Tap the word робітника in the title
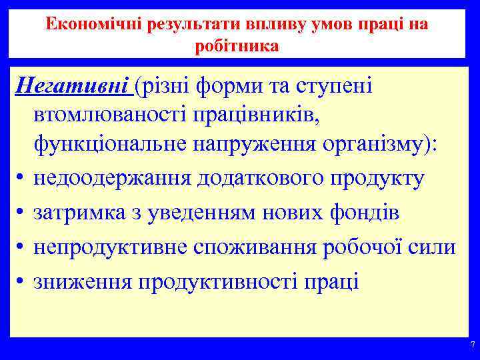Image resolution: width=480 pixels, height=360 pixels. tap(237, 47)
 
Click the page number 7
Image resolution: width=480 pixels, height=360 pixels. tap(472, 345)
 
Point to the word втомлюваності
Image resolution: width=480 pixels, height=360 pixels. tap(119, 116)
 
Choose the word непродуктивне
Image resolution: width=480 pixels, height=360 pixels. tap(109, 247)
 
